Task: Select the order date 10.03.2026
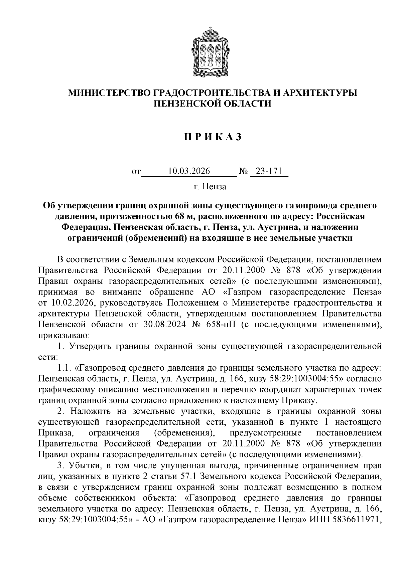coord(189,171)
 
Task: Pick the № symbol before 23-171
coord(244,172)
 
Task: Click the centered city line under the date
coord(210,186)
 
